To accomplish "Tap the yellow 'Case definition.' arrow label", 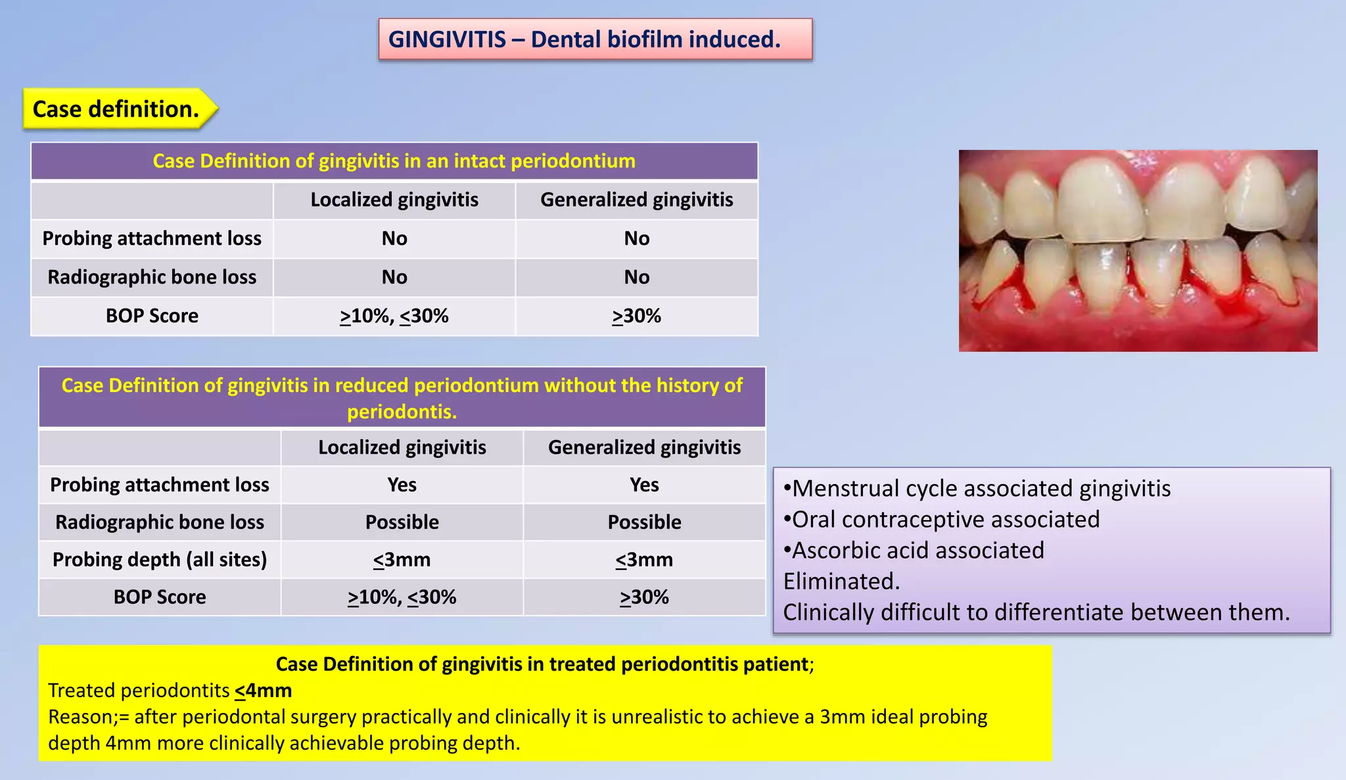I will point(116,109).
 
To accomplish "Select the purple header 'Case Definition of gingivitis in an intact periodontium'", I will point(394,161).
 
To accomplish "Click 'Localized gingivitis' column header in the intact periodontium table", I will point(394,200).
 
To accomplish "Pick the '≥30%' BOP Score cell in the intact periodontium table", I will point(636,316).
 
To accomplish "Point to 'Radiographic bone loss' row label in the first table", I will point(152,278).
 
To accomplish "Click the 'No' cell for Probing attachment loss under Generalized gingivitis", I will point(636,239).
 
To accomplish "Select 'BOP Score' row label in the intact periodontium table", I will point(152,316).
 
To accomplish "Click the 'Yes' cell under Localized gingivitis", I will point(402,485).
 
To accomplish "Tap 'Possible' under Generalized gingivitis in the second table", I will point(644,522).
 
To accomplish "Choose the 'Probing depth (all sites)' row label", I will point(160,560).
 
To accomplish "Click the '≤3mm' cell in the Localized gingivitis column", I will point(402,560).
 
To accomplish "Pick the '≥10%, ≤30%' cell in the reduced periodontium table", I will point(402,597).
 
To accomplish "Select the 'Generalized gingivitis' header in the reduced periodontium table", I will point(644,448).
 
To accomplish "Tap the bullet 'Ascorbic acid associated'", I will point(917,550).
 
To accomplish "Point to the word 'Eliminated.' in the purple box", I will point(841,581).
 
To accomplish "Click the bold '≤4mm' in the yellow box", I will point(263,691).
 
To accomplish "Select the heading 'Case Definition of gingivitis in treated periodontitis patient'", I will point(542,664).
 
